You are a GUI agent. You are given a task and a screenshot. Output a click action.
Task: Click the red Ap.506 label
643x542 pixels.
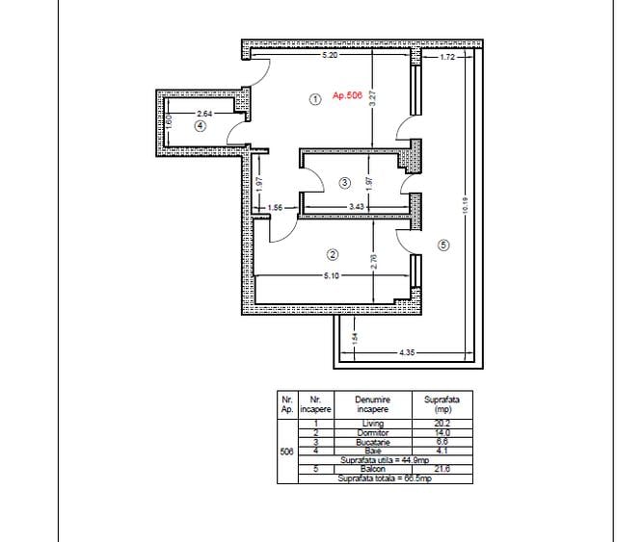tap(346, 96)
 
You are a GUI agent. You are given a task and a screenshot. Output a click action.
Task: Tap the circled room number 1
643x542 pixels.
tap(313, 98)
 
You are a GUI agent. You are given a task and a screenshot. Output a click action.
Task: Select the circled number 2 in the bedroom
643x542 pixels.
tap(333, 255)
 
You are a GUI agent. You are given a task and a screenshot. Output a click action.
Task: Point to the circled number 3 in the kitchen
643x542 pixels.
tap(345, 182)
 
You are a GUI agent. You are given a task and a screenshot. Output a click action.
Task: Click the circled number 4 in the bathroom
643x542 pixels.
tap(200, 125)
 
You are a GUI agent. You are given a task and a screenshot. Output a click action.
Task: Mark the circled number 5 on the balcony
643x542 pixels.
tap(443, 245)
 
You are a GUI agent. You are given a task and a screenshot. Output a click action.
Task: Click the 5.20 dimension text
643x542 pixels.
tap(330, 57)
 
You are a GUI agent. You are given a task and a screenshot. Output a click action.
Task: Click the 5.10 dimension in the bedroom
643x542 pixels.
tap(331, 277)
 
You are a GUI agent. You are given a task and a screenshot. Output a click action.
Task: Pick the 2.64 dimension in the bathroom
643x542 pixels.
tap(205, 113)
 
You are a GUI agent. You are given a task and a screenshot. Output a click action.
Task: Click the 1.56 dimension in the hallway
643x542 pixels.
tap(275, 207)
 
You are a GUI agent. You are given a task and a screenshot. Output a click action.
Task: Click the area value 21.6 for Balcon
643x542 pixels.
tap(442, 469)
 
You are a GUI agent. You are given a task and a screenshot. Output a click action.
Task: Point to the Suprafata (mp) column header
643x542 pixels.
tap(442, 403)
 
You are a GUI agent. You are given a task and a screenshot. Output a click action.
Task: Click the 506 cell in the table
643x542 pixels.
tap(286, 451)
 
